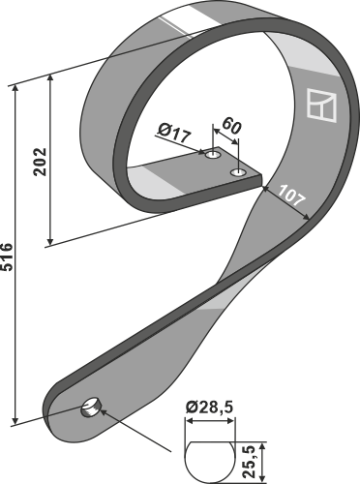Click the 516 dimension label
(7, 257)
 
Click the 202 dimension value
(41, 162)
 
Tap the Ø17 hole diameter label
(175, 134)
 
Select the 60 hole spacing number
(232, 126)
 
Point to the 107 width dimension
(291, 196)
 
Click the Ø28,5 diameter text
(209, 408)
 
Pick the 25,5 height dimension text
(250, 462)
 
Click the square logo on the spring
(321, 105)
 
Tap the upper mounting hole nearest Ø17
(213, 155)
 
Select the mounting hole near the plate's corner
(239, 173)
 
